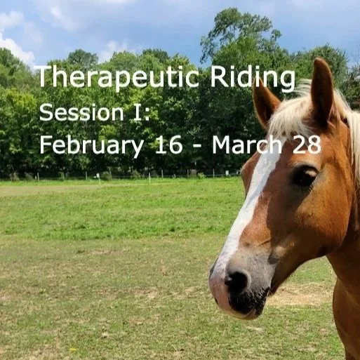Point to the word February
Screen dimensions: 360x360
click(x=88, y=145)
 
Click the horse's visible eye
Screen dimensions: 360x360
click(x=305, y=175)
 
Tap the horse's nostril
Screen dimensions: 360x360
click(x=236, y=281)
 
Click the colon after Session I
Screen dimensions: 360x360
click(x=146, y=114)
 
